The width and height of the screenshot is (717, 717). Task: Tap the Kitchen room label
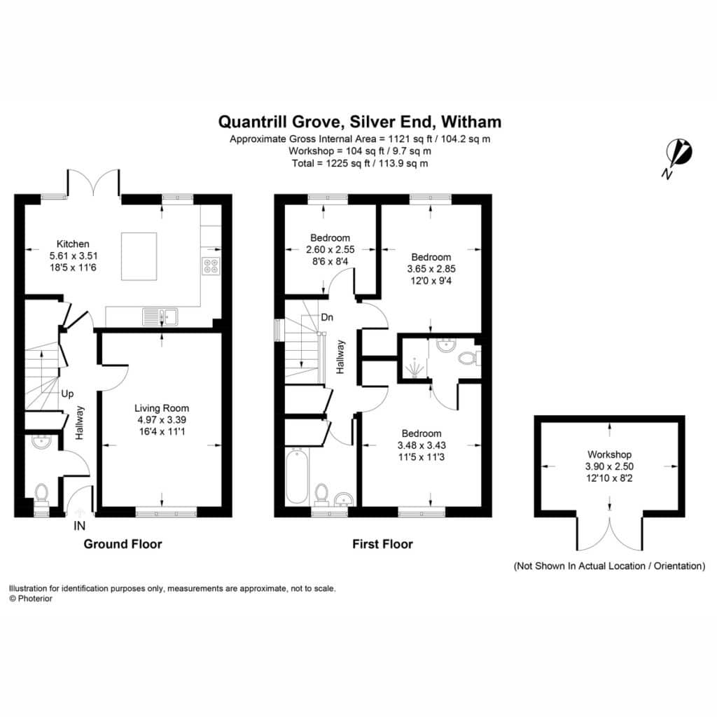(73, 244)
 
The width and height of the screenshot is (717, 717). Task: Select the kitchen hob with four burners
(211, 266)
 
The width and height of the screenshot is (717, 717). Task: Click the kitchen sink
(160, 316)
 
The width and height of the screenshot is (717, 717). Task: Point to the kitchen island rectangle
(139, 256)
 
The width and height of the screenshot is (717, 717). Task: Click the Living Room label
(162, 408)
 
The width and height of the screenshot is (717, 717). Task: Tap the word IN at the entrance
(80, 527)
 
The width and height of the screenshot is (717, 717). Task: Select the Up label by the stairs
(67, 394)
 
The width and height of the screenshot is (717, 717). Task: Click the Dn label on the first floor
(327, 317)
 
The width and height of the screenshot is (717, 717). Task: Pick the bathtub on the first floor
(297, 476)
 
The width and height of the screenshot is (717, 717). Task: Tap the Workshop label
(610, 454)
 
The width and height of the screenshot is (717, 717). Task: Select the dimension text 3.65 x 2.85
(431, 269)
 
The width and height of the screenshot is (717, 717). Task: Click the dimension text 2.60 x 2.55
(330, 250)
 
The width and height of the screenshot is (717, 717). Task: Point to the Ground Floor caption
(123, 544)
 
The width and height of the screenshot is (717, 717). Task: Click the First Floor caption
(383, 544)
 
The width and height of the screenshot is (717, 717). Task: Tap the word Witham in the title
(471, 122)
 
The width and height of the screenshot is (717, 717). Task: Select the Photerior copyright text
(31, 599)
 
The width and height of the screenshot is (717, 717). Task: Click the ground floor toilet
(41, 495)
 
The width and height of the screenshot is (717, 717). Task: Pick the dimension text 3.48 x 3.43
(422, 445)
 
